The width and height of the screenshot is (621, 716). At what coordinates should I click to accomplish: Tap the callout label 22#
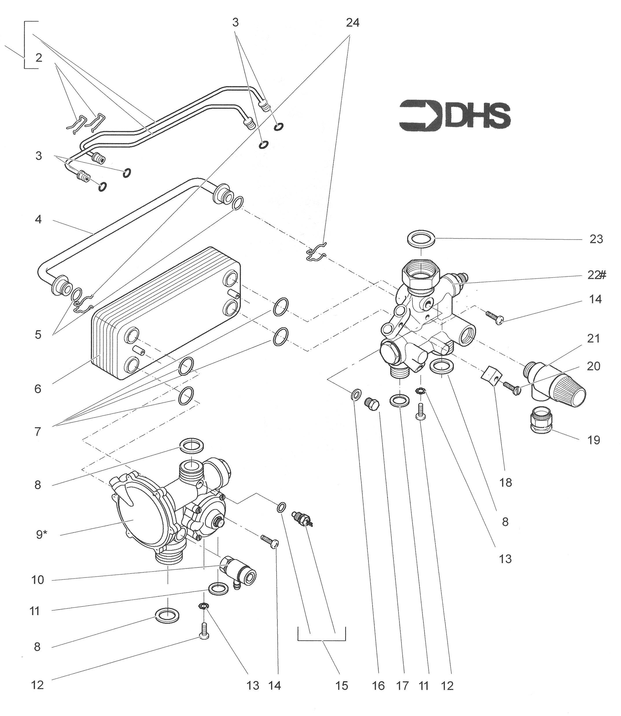tap(596, 275)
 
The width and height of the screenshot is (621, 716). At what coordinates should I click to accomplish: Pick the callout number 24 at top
tap(352, 23)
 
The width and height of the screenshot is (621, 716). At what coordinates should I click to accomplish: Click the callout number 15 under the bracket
tap(341, 686)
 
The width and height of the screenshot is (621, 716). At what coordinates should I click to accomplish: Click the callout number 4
tap(38, 219)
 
